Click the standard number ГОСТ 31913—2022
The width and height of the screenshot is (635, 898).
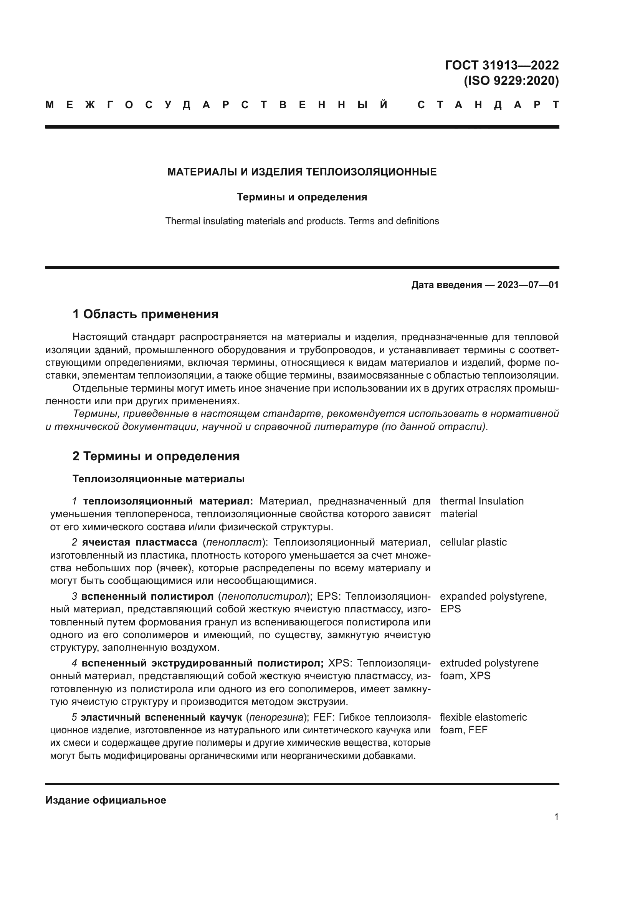[x=502, y=65]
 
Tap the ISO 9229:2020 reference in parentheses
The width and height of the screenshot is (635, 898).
[x=511, y=81]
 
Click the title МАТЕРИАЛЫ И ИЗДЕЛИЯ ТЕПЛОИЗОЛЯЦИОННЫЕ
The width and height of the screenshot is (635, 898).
[x=302, y=172]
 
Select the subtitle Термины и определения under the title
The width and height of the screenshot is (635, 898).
[x=302, y=197]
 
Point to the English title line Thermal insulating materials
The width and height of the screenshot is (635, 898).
[x=302, y=221]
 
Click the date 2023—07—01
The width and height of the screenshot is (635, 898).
[x=528, y=285]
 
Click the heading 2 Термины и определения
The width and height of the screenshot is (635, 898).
[x=155, y=456]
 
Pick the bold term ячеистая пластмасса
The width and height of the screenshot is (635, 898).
[x=140, y=542]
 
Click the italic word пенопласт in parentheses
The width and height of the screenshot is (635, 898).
[x=234, y=542]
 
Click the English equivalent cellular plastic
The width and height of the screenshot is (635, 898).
[x=473, y=542]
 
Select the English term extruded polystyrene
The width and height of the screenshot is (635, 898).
[x=489, y=663]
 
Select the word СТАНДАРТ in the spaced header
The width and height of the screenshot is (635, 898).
[x=488, y=105]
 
